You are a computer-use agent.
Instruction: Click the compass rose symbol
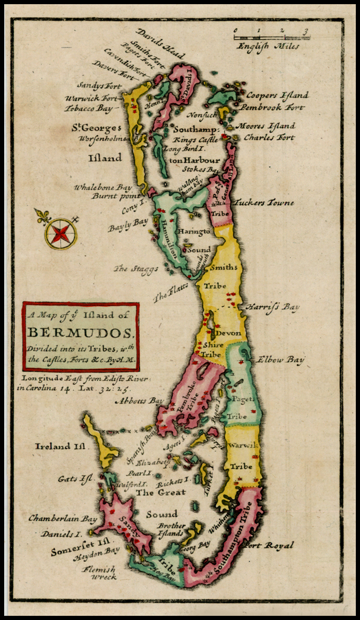60,233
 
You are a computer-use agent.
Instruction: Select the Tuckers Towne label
264,203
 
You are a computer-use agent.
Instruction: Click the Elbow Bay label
280,359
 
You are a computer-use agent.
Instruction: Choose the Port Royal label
268,545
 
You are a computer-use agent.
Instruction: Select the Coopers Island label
277,95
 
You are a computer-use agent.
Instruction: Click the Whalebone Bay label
102,188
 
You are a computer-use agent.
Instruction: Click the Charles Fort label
269,137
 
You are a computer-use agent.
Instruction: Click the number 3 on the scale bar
305,30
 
